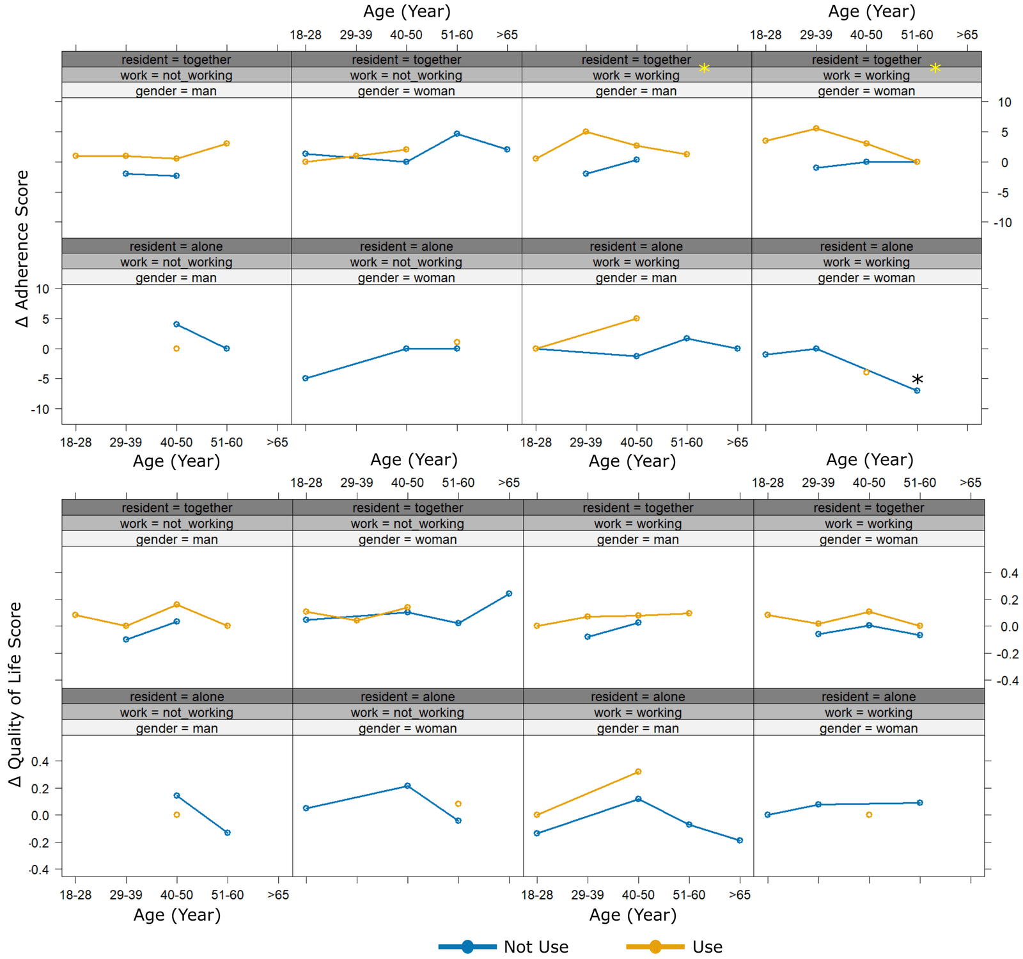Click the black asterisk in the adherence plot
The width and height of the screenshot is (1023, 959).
click(x=918, y=379)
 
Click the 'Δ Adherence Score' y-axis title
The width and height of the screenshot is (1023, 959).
click(x=22, y=248)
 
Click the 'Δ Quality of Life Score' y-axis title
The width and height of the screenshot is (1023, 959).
click(x=15, y=694)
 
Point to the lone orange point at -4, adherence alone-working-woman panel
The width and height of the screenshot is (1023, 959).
click(x=866, y=372)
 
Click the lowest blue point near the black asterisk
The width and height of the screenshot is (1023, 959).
click(x=917, y=390)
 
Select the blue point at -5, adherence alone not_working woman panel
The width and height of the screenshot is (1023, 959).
click(x=305, y=378)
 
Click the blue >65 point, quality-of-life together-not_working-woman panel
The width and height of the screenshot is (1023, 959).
click(x=509, y=594)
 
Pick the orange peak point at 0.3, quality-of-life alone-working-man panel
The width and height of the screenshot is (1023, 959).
click(x=638, y=772)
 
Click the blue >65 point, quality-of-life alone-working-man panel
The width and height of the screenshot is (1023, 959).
click(x=740, y=841)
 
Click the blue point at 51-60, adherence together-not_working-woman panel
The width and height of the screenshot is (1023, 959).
click(x=457, y=134)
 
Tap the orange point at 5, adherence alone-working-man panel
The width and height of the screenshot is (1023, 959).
click(x=636, y=318)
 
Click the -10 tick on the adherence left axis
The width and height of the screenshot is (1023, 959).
click(x=40, y=409)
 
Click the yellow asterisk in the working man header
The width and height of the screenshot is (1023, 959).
click(x=704, y=68)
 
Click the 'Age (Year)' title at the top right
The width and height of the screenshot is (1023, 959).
click(x=871, y=12)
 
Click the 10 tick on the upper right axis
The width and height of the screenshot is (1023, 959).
click(x=1004, y=102)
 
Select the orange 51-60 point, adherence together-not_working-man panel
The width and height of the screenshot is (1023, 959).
click(x=226, y=143)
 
